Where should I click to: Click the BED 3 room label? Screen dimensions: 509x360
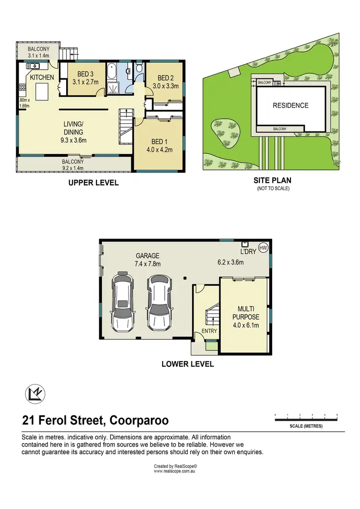[x=85, y=73]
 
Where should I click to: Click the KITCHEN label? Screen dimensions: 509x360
[x=42, y=77]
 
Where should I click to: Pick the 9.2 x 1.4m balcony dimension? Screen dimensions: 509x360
[x=72, y=168]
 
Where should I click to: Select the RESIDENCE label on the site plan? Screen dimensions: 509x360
[x=290, y=106]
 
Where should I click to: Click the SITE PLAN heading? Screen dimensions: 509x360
[x=272, y=181]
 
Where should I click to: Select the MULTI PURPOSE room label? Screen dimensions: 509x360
[x=248, y=313]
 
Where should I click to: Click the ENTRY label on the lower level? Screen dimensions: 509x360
[x=210, y=331]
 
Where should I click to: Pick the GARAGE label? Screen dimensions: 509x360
[x=147, y=256]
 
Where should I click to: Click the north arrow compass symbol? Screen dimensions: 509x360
[x=35, y=394]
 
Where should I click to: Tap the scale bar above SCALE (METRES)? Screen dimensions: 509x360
[x=306, y=420]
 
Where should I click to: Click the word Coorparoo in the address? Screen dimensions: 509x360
[x=139, y=421]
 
